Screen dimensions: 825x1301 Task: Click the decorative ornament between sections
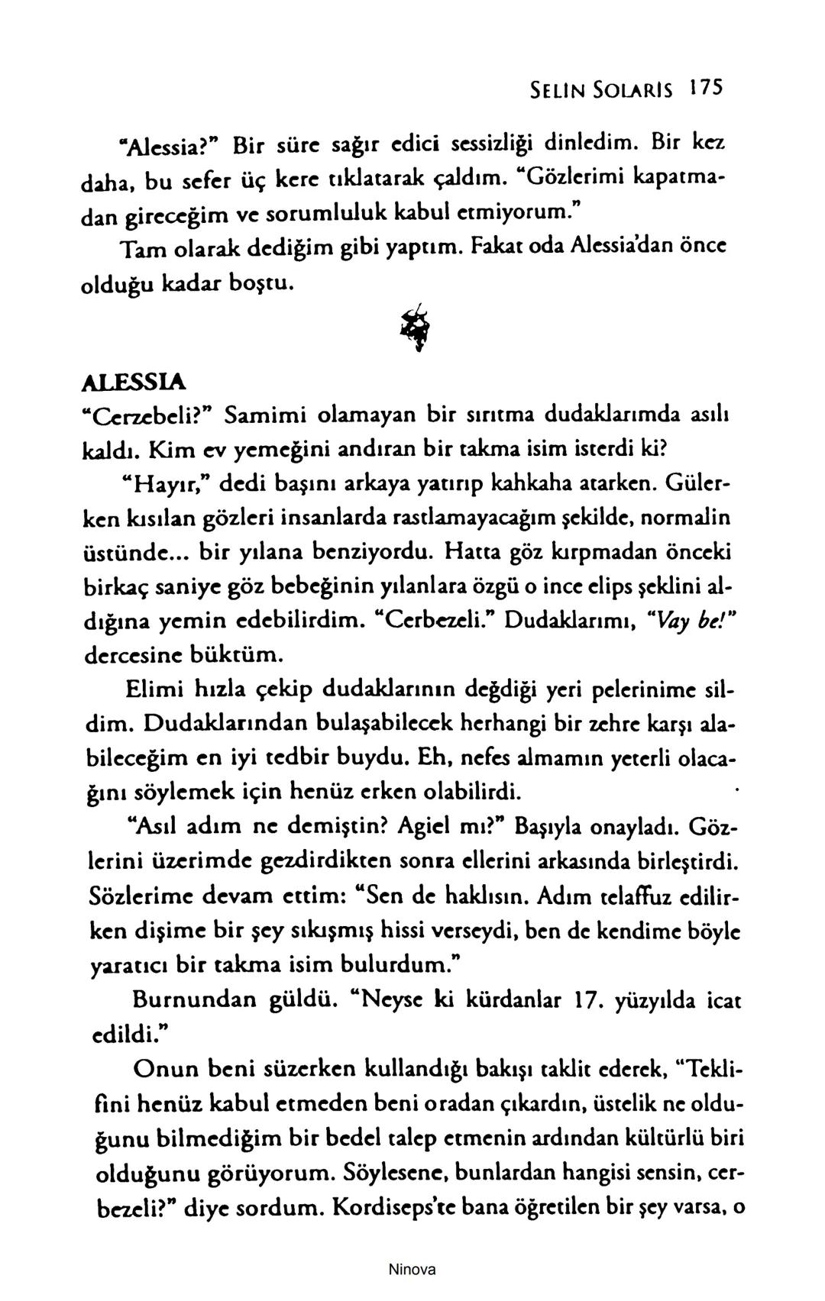[417, 324]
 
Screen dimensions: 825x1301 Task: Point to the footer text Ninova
[412, 1270]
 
